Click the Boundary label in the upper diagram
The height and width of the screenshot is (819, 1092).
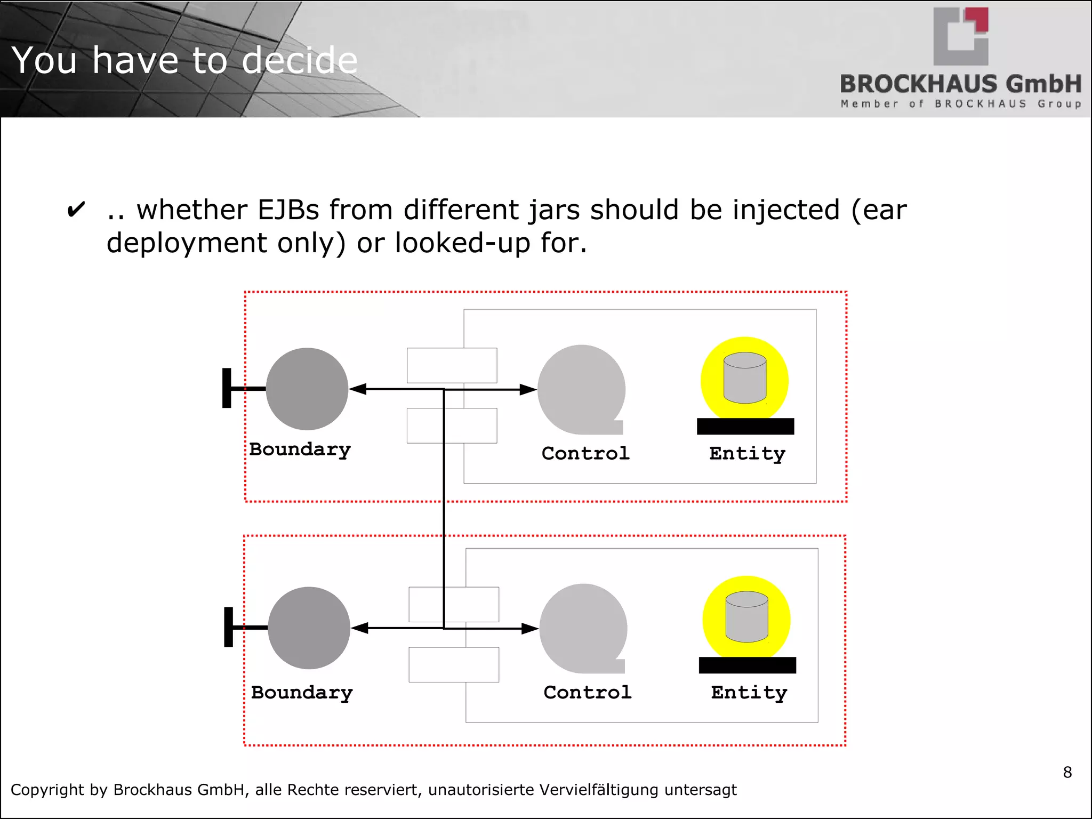point(300,449)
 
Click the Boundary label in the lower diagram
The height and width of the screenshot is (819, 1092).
point(302,693)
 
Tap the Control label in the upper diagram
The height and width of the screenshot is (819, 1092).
point(585,453)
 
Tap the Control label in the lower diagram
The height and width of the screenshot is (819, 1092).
point(588,692)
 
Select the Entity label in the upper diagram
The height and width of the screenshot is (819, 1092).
point(747,453)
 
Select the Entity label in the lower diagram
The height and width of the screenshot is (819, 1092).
point(749,692)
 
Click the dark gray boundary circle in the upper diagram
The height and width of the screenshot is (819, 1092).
point(307,389)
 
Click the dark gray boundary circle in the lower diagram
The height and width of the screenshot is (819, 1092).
point(309,628)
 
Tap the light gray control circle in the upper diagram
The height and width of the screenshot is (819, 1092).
point(581,389)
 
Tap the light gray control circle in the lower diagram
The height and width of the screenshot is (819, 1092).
point(583,628)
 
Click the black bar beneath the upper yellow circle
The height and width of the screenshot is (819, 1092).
point(745,427)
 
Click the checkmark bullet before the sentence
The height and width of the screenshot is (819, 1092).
point(76,210)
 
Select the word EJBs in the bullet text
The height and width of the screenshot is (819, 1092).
point(288,210)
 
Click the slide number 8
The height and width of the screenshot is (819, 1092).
point(1067,772)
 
